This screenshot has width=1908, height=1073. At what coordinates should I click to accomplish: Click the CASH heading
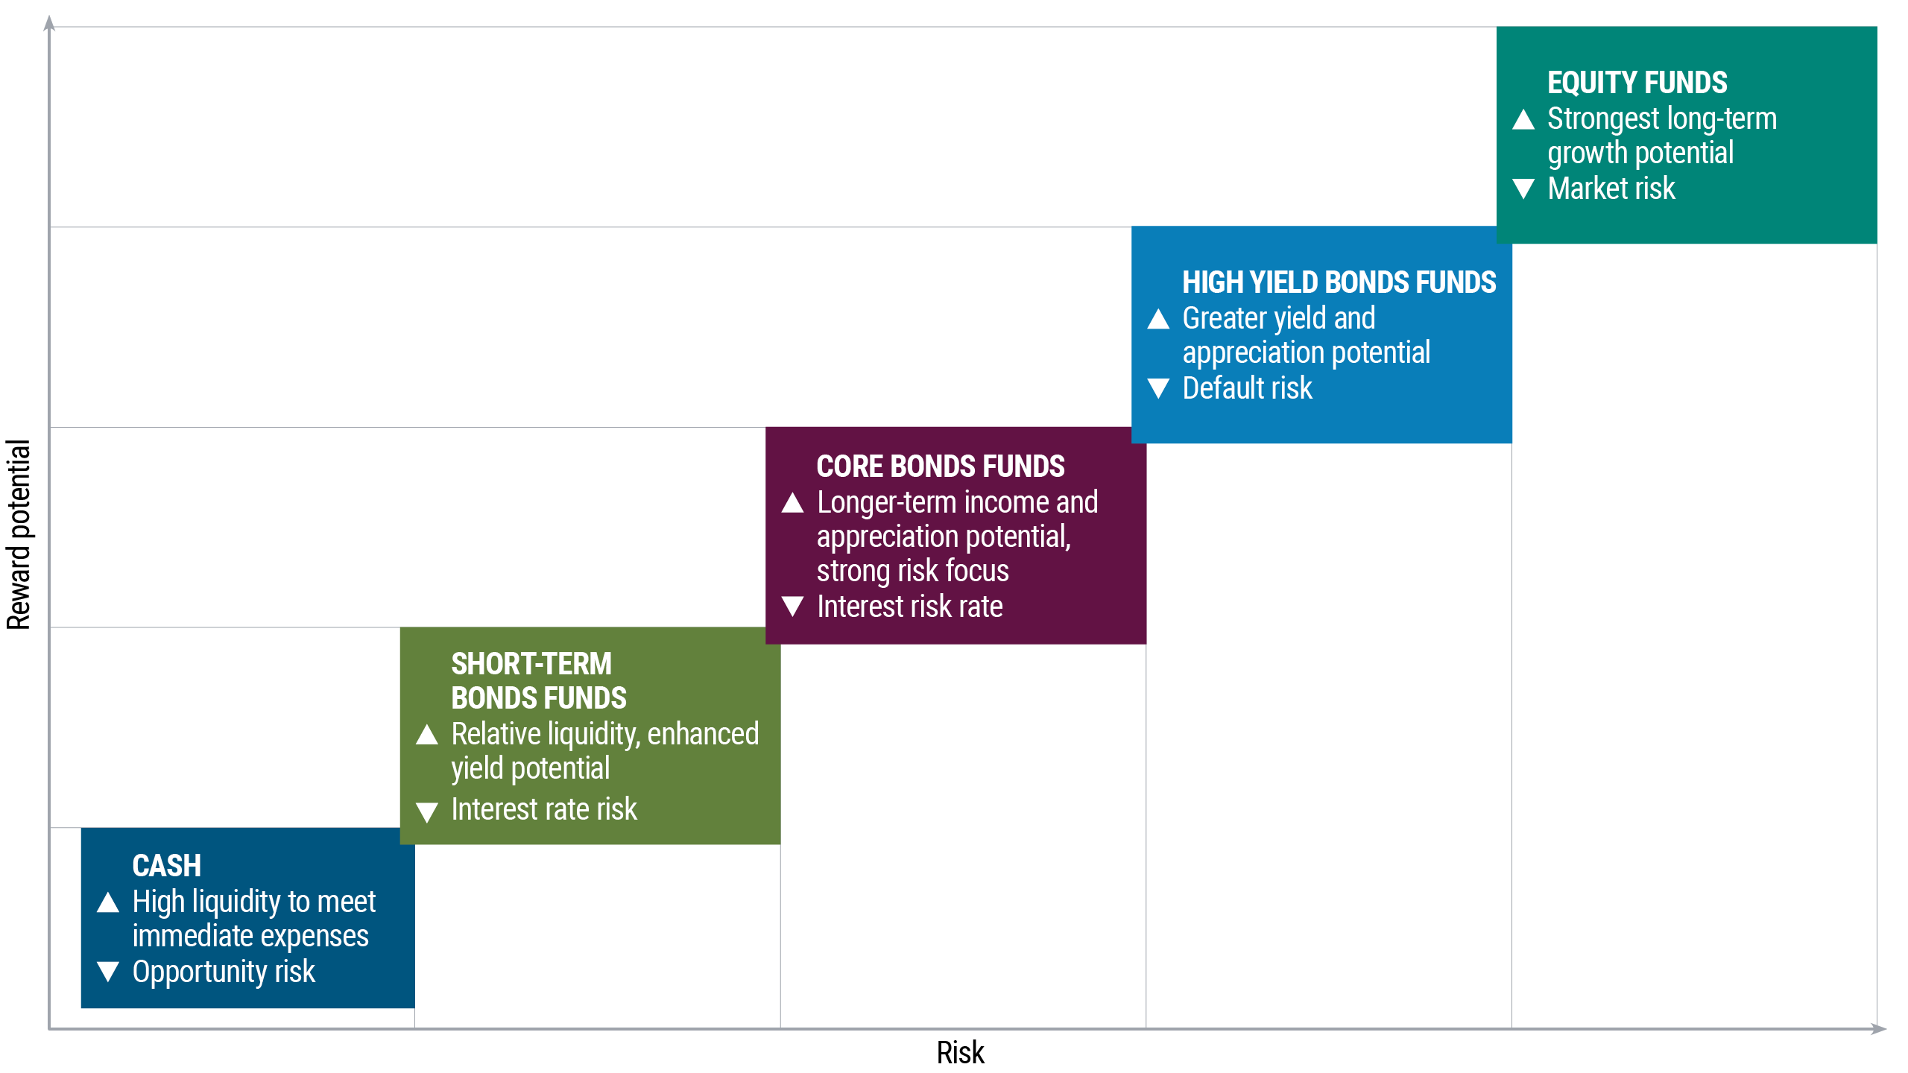click(x=166, y=866)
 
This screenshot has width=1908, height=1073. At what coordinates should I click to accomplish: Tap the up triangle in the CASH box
click(x=108, y=902)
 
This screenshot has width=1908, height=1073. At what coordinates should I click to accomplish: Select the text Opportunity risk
click(x=224, y=972)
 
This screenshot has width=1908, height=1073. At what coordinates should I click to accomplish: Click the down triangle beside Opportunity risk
click(x=108, y=971)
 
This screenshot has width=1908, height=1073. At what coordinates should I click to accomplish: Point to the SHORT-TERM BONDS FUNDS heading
click(x=538, y=680)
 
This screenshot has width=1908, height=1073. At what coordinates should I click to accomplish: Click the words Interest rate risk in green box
click(x=543, y=809)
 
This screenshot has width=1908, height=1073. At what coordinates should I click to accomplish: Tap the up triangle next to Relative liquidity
click(x=427, y=735)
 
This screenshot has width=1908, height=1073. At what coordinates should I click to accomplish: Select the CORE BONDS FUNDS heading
click(x=940, y=466)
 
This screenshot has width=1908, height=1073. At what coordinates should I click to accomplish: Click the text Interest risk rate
click(x=909, y=607)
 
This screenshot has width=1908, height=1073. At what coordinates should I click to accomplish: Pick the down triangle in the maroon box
click(x=792, y=606)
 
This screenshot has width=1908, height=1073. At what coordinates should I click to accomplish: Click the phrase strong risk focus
click(x=912, y=571)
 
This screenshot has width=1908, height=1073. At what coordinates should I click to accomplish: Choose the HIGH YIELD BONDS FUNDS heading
click(x=1339, y=282)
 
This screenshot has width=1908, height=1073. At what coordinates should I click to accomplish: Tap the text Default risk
click(x=1247, y=388)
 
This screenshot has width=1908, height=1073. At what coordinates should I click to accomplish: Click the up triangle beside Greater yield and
click(x=1158, y=320)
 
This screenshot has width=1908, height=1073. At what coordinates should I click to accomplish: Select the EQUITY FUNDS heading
click(x=1637, y=83)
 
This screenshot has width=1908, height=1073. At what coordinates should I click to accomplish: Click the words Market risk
click(x=1611, y=189)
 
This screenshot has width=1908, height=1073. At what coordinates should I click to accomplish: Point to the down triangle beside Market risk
click(x=1523, y=189)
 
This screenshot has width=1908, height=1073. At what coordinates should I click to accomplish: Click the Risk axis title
click(x=960, y=1053)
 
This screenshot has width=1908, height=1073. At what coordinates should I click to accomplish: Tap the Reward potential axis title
click(x=18, y=534)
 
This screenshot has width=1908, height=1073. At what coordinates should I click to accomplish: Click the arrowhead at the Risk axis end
click(x=1879, y=1029)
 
